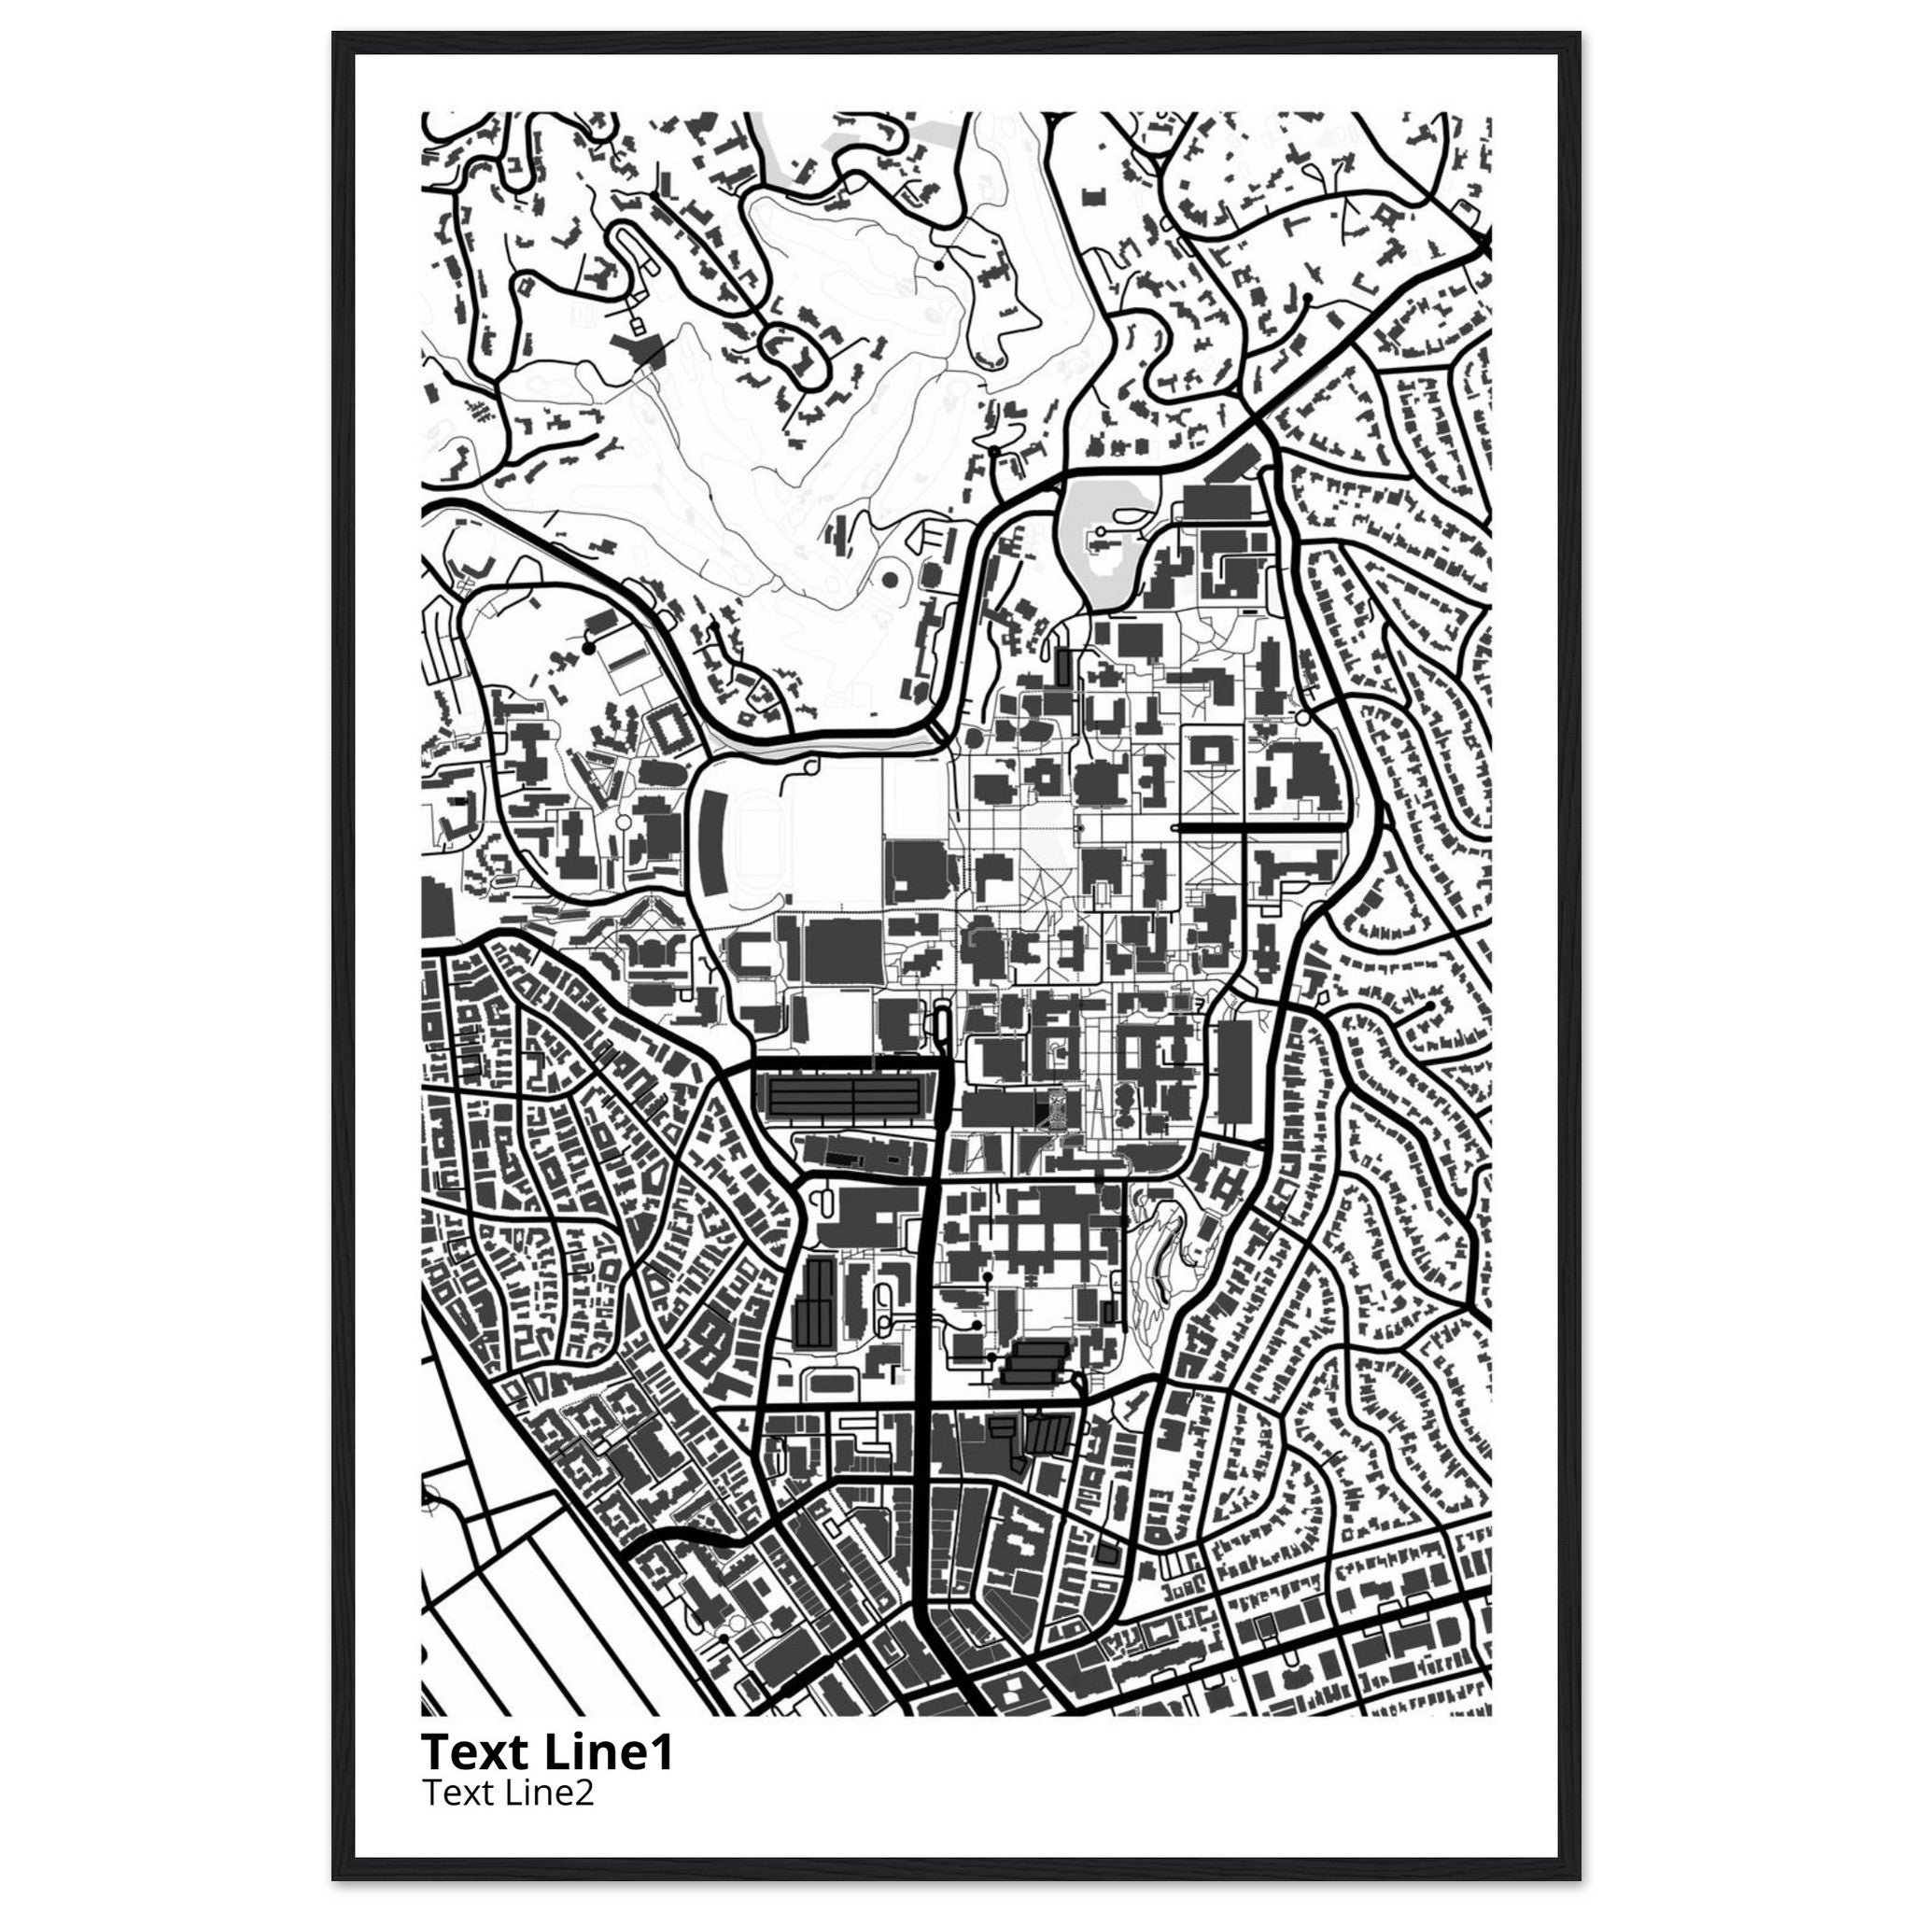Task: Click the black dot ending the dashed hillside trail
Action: point(937,265)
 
